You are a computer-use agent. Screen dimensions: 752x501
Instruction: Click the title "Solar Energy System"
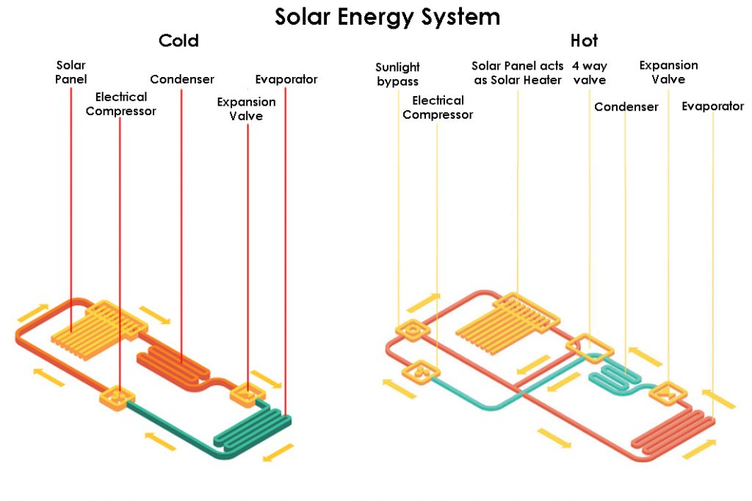click(x=387, y=17)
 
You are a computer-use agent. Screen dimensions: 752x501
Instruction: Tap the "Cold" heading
click(x=178, y=41)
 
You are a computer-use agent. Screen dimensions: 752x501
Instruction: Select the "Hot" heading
click(x=584, y=41)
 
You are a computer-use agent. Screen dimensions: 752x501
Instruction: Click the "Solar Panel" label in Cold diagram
click(x=70, y=72)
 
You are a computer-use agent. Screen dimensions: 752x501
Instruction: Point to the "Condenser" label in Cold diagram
click(x=182, y=79)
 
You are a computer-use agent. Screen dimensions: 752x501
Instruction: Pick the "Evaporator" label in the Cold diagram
click(x=286, y=79)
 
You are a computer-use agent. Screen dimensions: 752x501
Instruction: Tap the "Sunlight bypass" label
click(x=397, y=74)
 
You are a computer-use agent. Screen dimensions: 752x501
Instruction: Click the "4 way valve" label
click(x=590, y=73)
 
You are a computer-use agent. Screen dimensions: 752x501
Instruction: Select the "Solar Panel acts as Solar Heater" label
click(x=518, y=73)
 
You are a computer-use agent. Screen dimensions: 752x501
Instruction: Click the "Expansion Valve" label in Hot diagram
click(x=668, y=72)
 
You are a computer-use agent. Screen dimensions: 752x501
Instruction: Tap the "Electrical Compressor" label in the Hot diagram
click(x=438, y=107)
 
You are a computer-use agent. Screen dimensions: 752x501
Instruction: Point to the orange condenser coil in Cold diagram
click(x=173, y=367)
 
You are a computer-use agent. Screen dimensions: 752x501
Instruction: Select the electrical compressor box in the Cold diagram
click(x=117, y=397)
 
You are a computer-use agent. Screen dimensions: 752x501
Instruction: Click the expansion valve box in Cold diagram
click(x=247, y=394)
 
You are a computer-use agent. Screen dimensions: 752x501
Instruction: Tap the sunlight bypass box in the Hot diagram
click(x=413, y=330)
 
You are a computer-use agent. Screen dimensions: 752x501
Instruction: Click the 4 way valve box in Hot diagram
click(x=590, y=348)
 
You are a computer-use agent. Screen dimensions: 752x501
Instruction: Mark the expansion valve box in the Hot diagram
click(x=668, y=393)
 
